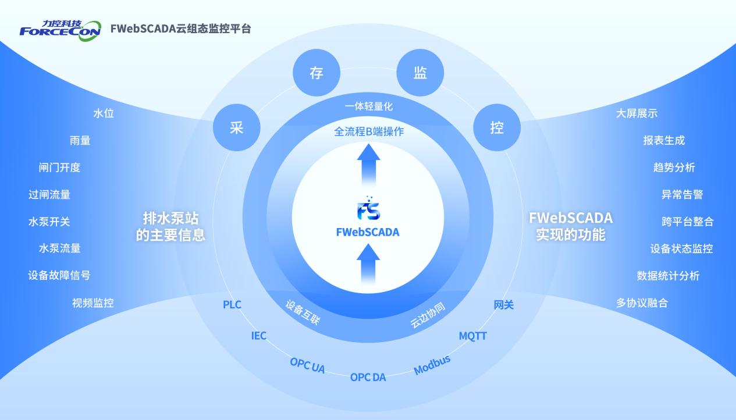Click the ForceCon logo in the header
click(x=57, y=28)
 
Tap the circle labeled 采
click(x=236, y=128)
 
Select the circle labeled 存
click(x=316, y=73)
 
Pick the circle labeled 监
click(x=420, y=73)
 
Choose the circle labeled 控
click(x=497, y=127)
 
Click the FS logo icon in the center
click(x=368, y=209)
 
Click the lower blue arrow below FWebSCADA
click(x=368, y=265)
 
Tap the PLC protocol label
click(x=232, y=304)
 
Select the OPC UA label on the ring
click(x=307, y=365)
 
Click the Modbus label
click(x=432, y=365)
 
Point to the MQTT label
click(x=472, y=336)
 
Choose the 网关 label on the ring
click(x=504, y=304)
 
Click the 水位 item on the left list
click(x=104, y=113)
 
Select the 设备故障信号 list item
click(x=59, y=275)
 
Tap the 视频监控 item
click(x=93, y=302)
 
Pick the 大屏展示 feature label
click(x=637, y=113)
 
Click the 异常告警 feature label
click(x=682, y=194)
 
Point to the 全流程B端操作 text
click(x=369, y=131)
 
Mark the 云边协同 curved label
click(x=428, y=315)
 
